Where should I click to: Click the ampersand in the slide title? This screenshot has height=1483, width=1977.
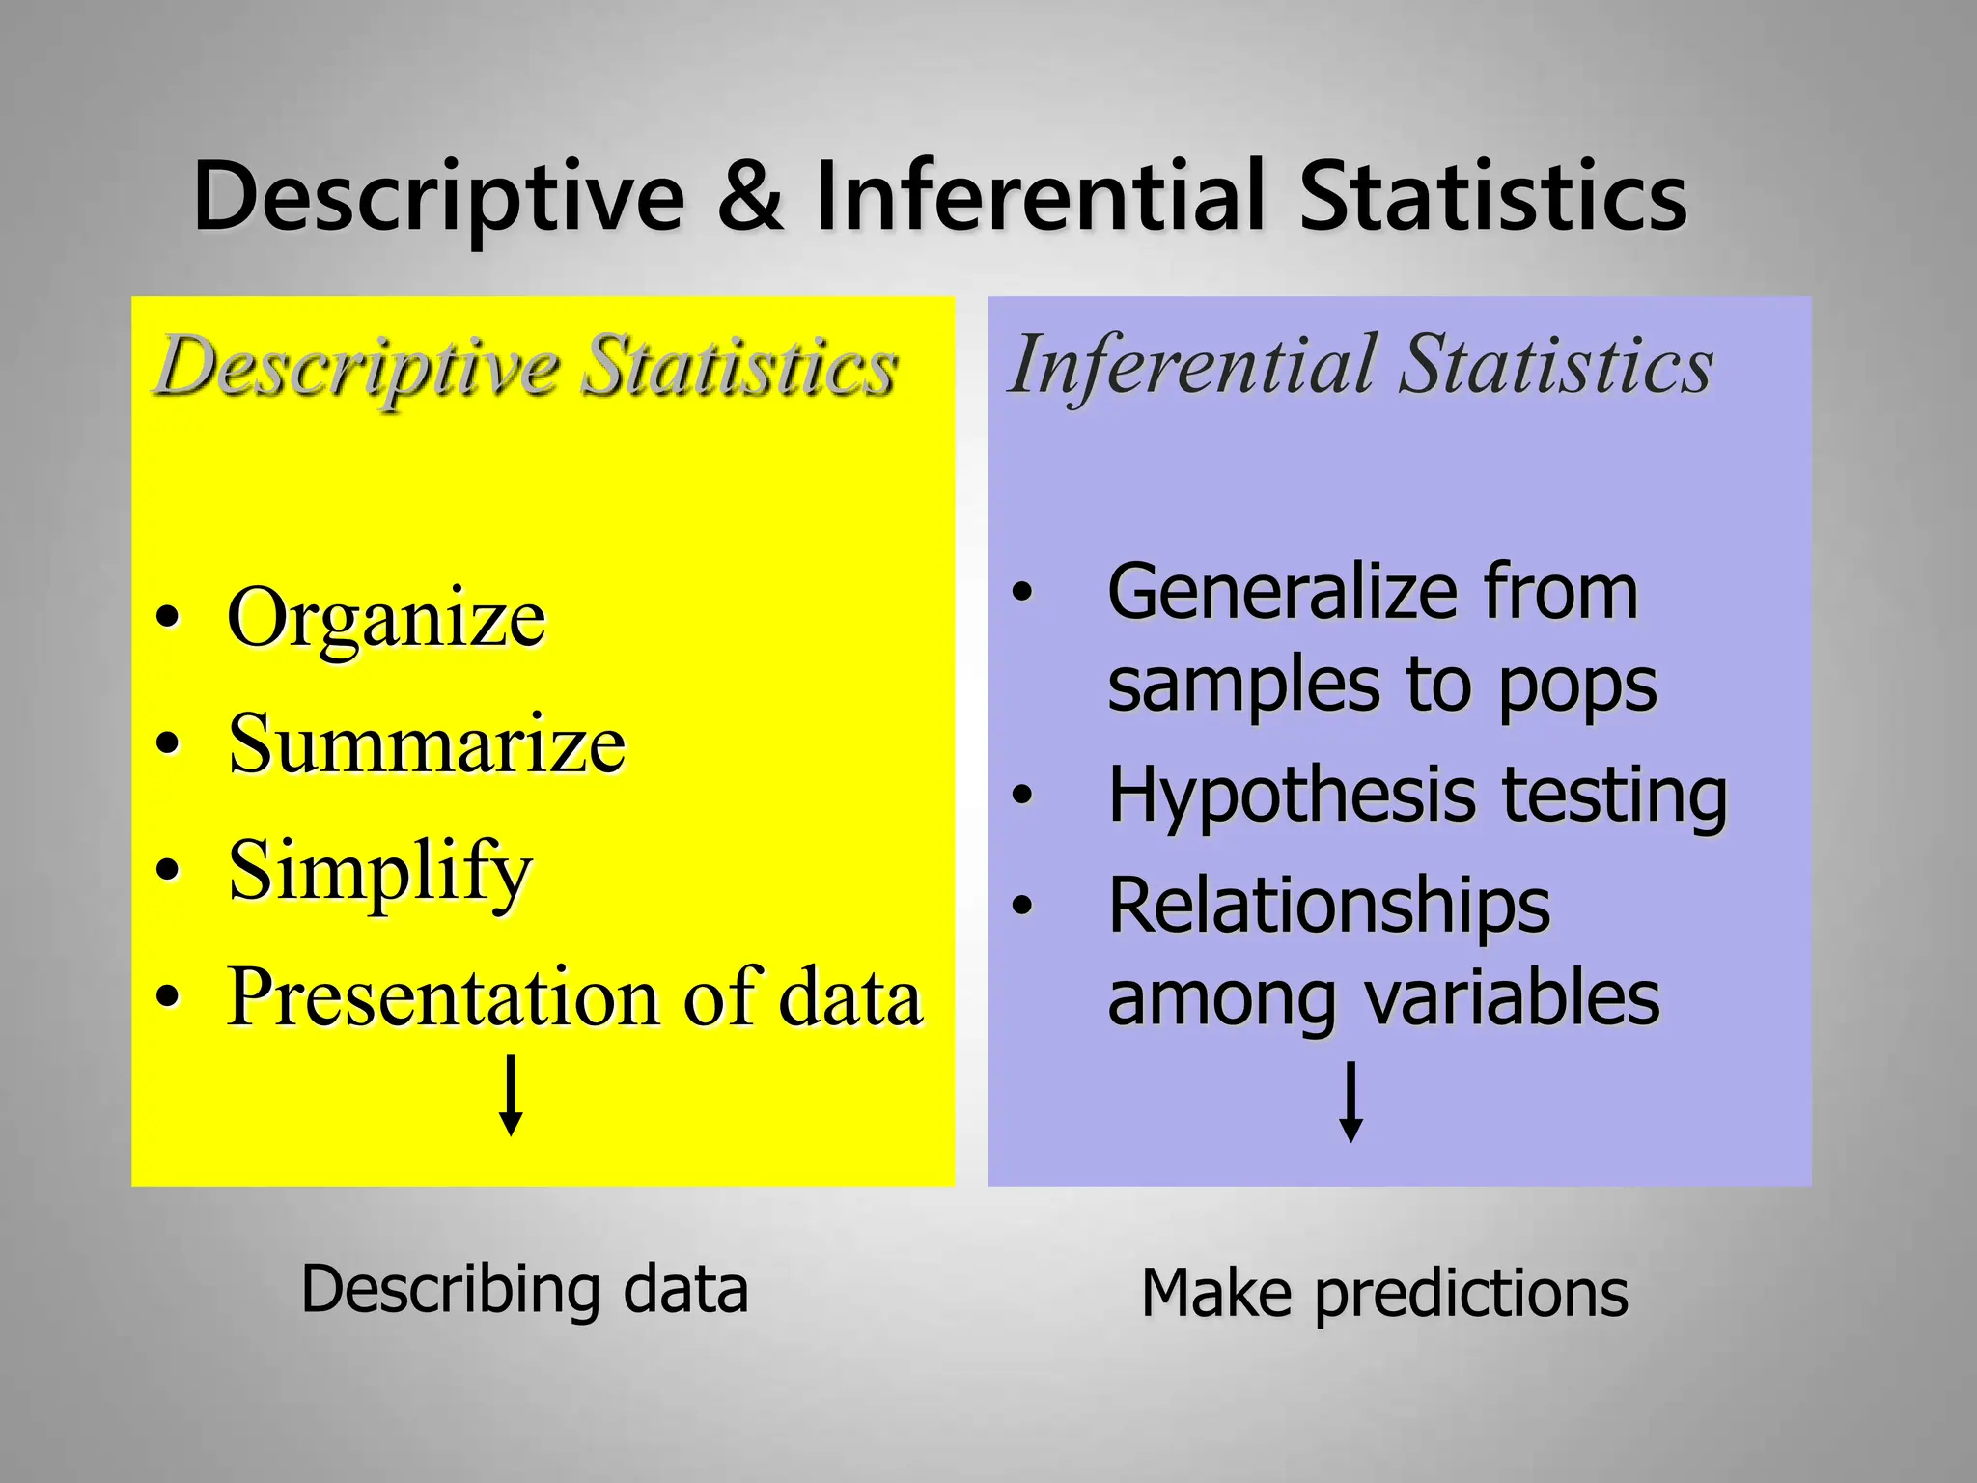click(x=750, y=198)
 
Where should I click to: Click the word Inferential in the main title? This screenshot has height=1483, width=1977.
click(x=1039, y=198)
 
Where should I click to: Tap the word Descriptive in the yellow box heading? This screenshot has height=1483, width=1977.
click(x=357, y=367)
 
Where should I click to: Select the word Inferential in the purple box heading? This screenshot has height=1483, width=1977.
click(x=1193, y=367)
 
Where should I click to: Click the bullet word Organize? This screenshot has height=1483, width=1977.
click(x=386, y=619)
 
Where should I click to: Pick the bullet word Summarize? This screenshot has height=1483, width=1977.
click(x=427, y=744)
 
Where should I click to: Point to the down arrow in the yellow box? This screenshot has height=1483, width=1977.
click(x=511, y=1096)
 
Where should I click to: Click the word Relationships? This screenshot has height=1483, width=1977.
click(x=1328, y=906)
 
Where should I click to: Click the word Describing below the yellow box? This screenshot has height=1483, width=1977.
click(x=448, y=1290)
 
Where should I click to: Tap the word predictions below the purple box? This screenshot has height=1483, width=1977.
click(x=1471, y=1294)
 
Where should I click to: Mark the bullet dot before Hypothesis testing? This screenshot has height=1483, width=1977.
click(x=1022, y=796)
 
